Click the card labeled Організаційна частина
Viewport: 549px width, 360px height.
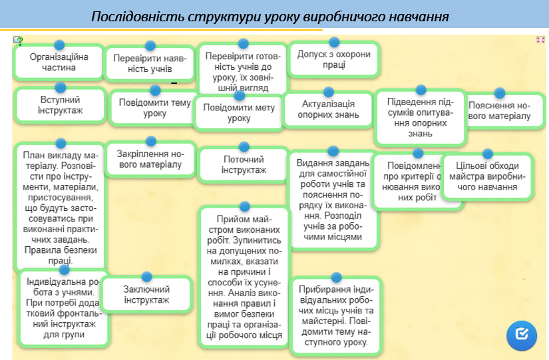[x=59, y=63]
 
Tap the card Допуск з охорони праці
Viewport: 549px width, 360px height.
[x=334, y=61]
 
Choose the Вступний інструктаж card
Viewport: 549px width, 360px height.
[x=60, y=105]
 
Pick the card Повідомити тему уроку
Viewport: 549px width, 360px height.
[x=154, y=108]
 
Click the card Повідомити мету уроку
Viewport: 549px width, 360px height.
[x=238, y=113]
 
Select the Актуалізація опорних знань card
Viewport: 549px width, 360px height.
[x=327, y=109]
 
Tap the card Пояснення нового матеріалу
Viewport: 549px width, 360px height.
[x=499, y=111]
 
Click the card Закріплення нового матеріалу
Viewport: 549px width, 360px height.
[x=150, y=159]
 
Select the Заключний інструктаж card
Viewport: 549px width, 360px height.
[x=146, y=295]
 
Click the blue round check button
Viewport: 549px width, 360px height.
[x=522, y=335]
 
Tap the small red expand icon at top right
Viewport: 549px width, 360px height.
[x=540, y=40]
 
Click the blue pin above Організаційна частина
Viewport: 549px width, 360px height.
[x=59, y=45]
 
